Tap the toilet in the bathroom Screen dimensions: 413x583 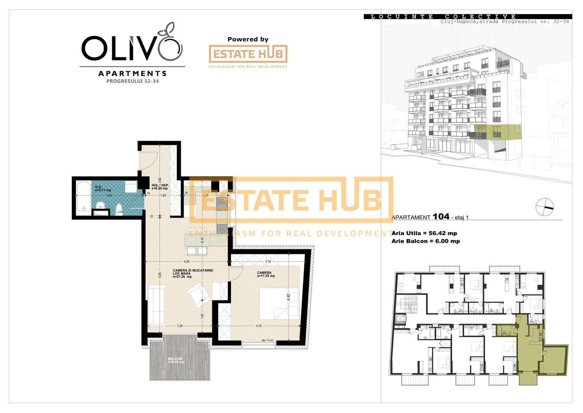click(119, 209)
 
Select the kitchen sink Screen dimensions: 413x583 click(222, 203)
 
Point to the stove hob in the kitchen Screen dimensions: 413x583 click(222, 228)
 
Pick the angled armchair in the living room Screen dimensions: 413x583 click(198, 295)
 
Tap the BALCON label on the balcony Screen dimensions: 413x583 click(176, 359)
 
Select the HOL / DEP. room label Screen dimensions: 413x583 click(160, 185)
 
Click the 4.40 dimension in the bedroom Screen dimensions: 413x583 click(289, 297)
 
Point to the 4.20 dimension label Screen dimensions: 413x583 click(187, 262)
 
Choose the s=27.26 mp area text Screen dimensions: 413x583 click(182, 277)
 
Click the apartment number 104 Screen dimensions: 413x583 click(441, 216)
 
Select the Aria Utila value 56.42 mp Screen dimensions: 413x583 click(442, 233)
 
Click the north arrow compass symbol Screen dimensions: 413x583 click(544, 207)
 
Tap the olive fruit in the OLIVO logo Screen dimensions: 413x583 click(170, 48)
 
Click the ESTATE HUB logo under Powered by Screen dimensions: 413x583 click(248, 54)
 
